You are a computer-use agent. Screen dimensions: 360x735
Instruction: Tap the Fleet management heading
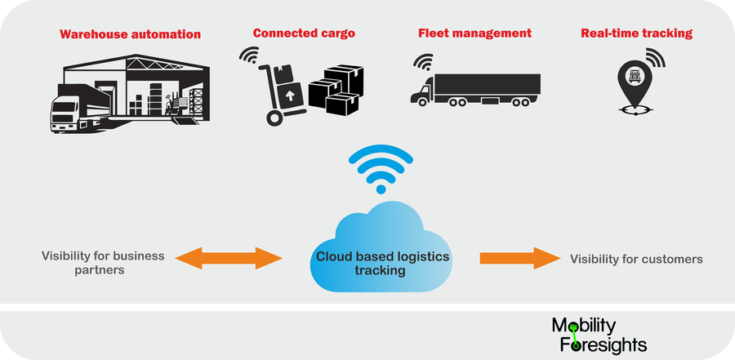[474, 33]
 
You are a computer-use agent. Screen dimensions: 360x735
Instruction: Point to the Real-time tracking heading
[636, 33]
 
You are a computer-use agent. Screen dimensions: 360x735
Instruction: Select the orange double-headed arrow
[229, 258]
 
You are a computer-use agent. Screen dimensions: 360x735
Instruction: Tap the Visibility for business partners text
[103, 262]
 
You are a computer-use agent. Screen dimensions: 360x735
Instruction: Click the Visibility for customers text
[636, 259]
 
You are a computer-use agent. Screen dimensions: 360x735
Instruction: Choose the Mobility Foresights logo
[599, 335]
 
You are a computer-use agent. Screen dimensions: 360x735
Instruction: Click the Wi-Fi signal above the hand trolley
[249, 56]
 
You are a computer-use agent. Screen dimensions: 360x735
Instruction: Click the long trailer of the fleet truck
[488, 85]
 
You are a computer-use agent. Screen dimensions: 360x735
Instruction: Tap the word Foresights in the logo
[604, 344]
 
